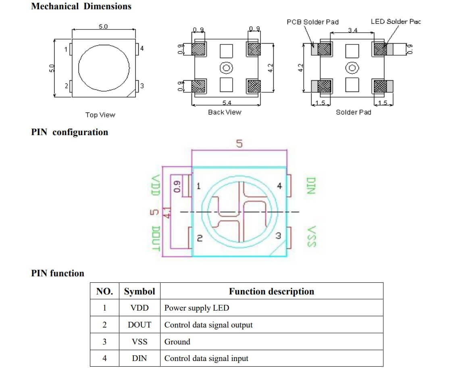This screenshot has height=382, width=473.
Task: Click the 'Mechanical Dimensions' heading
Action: (x=81, y=6)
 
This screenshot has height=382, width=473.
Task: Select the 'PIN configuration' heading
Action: (x=69, y=132)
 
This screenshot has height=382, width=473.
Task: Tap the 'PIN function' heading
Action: (x=58, y=273)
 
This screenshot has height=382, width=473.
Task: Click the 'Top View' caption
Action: (x=100, y=115)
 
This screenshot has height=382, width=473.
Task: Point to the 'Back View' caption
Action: (x=224, y=112)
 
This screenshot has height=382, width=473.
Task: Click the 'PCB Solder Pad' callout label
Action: (x=313, y=22)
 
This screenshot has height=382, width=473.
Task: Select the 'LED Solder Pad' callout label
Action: (x=395, y=21)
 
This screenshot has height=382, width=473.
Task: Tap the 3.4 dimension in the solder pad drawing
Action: (x=352, y=31)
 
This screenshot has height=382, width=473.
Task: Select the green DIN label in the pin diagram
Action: (x=310, y=186)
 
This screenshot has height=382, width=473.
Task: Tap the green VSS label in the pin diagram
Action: (x=310, y=236)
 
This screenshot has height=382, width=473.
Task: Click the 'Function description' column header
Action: (x=271, y=291)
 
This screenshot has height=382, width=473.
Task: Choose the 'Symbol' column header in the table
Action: (x=139, y=291)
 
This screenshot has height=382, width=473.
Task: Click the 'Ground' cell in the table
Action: (x=177, y=342)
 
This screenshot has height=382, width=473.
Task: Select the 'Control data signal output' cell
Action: (x=208, y=325)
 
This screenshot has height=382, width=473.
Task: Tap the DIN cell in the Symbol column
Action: (x=139, y=358)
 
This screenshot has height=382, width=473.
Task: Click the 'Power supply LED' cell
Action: (x=196, y=308)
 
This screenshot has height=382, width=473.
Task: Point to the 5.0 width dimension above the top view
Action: (x=103, y=27)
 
